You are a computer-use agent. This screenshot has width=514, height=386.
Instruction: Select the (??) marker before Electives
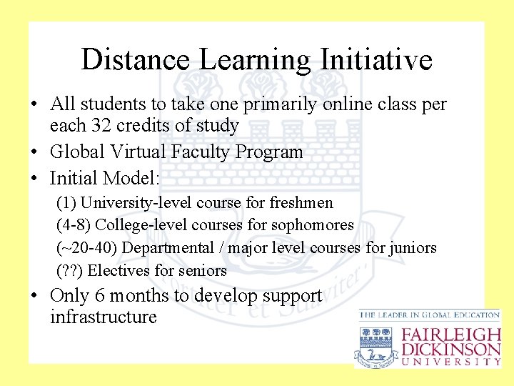pyautogui.click(x=69, y=270)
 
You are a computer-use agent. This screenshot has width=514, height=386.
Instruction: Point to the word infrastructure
pyautogui.click(x=104, y=317)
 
